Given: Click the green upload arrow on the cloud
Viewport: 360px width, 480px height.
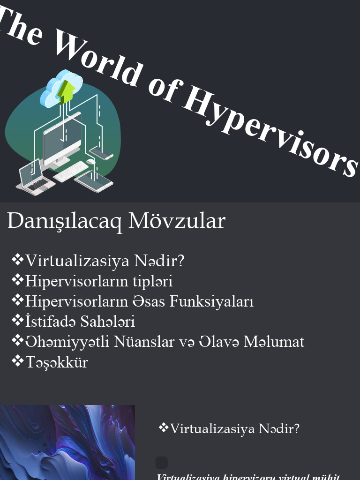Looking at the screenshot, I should coord(65,91).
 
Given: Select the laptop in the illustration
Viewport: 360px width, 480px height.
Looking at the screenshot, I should coord(32,176).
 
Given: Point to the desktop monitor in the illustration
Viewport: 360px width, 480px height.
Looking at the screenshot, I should coord(62,141).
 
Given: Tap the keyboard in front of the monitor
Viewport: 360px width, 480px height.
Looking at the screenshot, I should coord(70,172).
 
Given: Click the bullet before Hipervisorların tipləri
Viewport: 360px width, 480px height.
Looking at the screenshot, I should coord(17,280).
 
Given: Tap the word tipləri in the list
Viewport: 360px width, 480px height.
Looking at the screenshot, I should coord(153,281).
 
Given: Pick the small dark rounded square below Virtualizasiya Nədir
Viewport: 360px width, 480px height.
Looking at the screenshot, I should coord(162,463).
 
